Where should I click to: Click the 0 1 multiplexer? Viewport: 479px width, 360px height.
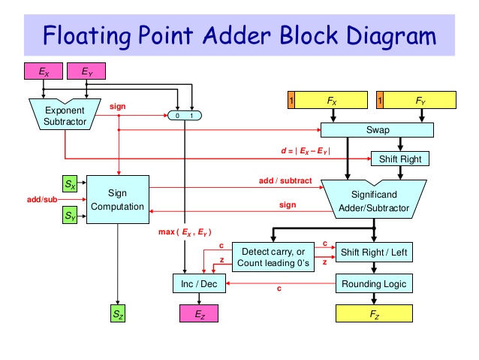point(185,116)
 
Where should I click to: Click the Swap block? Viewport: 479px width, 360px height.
point(377,129)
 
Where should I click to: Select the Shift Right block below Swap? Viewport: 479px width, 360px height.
point(400,159)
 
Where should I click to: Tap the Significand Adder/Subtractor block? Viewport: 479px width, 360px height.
point(372,197)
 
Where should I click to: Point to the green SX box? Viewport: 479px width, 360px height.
point(69,183)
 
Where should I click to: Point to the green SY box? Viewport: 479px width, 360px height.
point(69,217)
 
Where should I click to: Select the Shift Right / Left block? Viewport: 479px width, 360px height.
point(374,252)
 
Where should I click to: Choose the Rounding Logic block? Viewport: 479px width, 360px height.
point(374,283)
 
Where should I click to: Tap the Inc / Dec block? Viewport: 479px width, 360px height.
point(199,284)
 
